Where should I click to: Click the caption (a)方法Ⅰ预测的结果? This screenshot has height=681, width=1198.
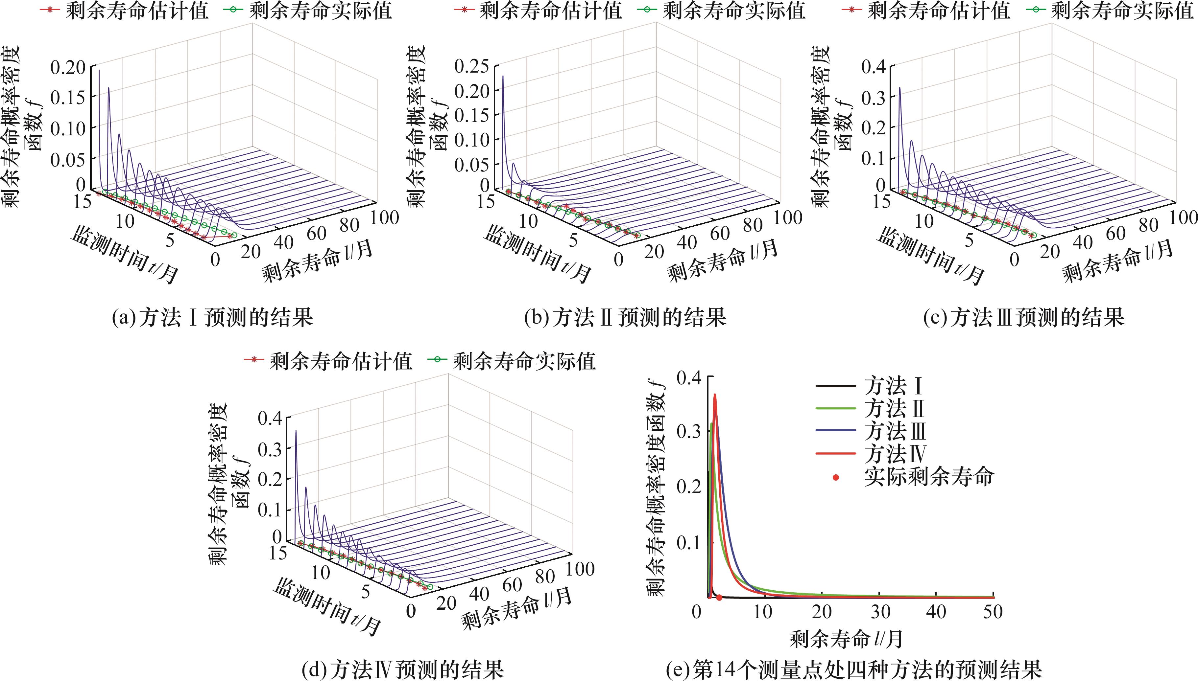coord(212,318)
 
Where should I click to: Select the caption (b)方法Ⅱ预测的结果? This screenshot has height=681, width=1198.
coord(625,318)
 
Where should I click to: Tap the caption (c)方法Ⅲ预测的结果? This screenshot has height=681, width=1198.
coord(1023,318)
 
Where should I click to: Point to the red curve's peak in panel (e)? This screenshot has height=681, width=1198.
coord(715,395)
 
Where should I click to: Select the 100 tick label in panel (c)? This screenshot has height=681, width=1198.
coord(1183,217)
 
